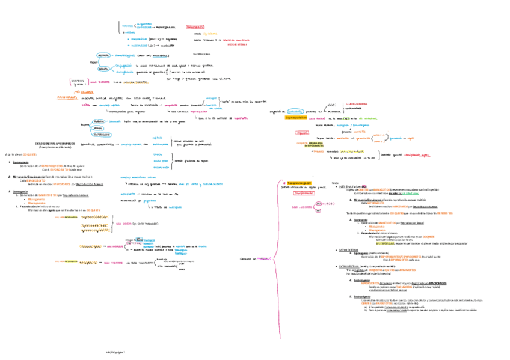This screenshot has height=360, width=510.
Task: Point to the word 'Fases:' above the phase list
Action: (x=336, y=182)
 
